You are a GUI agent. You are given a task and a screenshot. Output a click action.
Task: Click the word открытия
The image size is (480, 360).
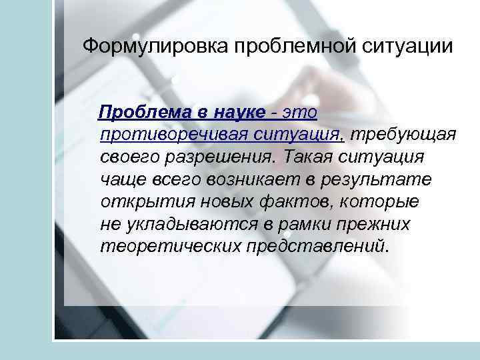tap(138, 201)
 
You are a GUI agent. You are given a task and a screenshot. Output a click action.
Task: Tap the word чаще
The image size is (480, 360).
tap(122, 179)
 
